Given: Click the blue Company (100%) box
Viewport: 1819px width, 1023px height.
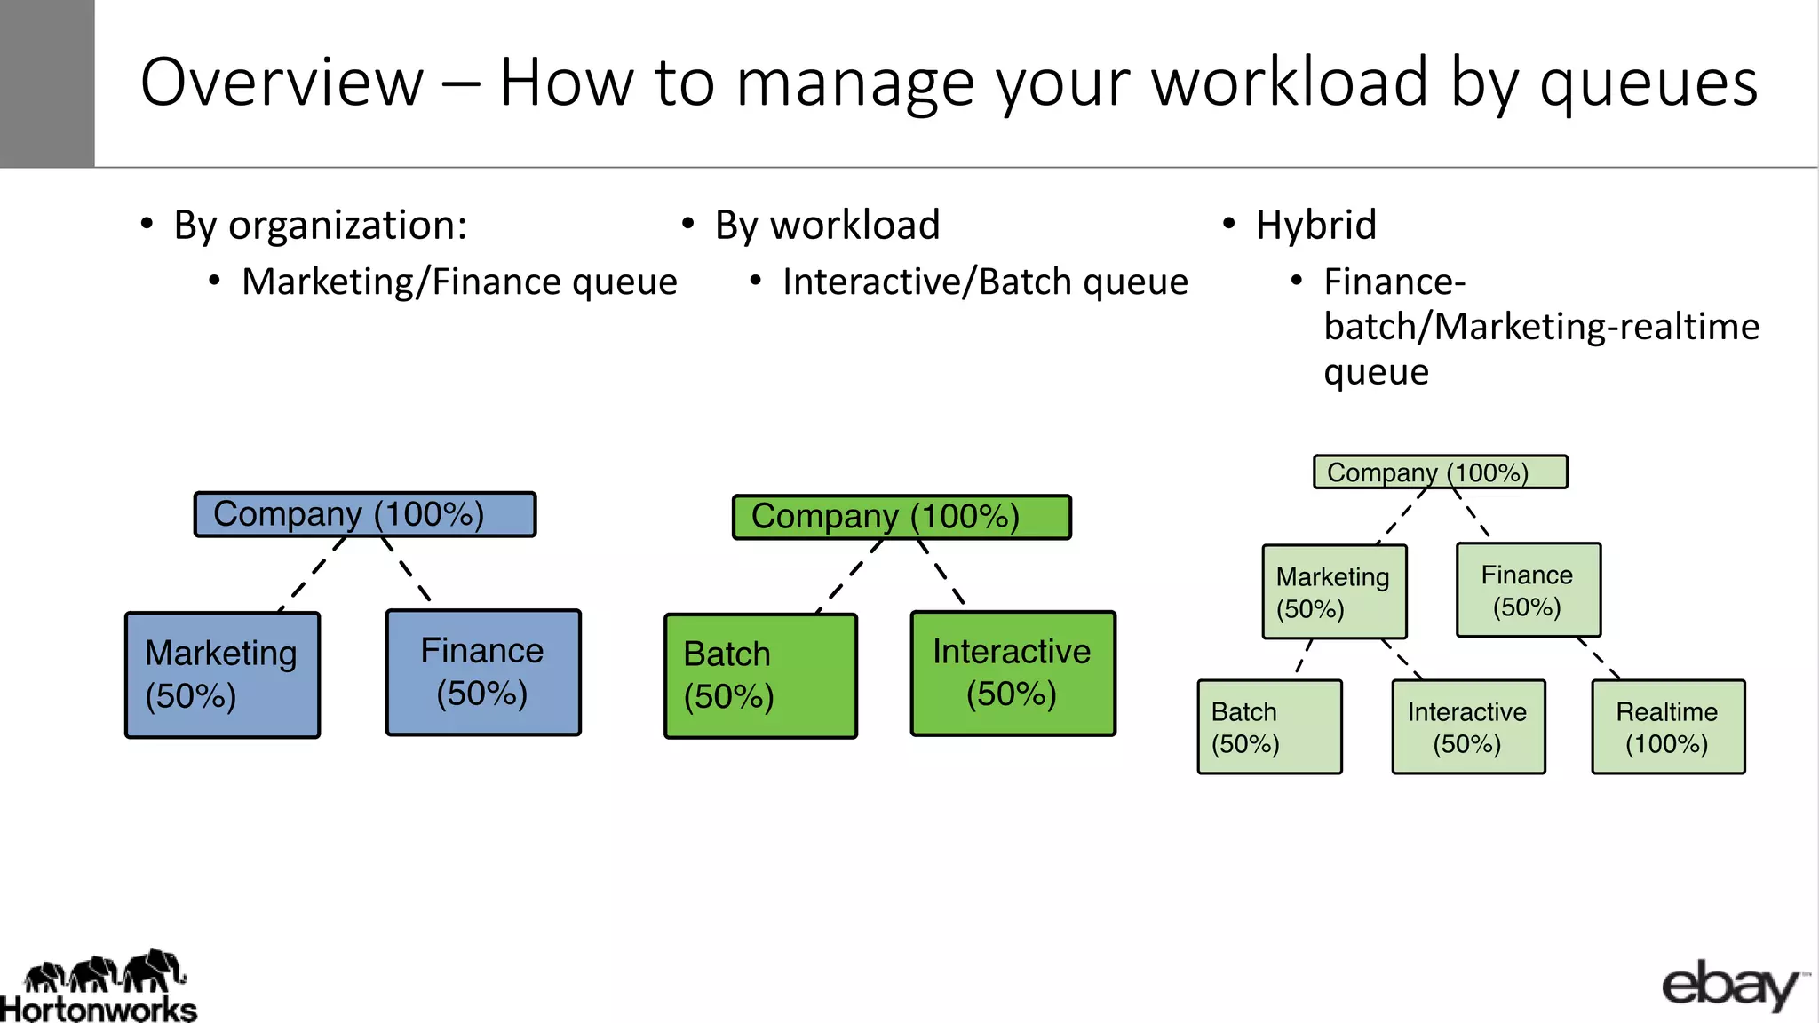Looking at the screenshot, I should pos(365,514).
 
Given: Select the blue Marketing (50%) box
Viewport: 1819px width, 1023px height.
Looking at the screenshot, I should pos(222,675).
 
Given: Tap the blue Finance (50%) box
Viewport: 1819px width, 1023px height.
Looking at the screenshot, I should pos(483,672).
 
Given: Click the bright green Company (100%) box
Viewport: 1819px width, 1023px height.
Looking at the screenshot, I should pos(902,517).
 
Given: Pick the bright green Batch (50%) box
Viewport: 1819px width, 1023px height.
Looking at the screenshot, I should pos(760,676).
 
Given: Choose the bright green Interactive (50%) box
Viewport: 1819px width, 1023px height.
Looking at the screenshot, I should pos(1013,673).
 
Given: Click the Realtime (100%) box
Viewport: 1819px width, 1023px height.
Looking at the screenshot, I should pos(1667,727).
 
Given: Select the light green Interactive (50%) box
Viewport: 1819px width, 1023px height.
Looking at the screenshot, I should pos(1467,727).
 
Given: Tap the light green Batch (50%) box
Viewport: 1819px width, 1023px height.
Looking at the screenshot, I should pos(1269,727).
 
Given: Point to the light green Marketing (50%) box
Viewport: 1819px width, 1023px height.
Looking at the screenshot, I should pos(1334,592).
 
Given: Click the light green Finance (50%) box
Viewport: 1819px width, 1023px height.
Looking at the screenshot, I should pos(1528,591).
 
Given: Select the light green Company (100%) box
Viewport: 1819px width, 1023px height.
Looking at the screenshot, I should pos(1440,472).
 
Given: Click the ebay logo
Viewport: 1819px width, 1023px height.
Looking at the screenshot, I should pos(1732,986).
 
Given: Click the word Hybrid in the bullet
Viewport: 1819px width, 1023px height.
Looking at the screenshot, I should pos(1315,225).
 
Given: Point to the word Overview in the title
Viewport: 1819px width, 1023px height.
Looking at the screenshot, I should pos(282,83).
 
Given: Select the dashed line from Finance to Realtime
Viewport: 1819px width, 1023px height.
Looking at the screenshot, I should pos(1599,659).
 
